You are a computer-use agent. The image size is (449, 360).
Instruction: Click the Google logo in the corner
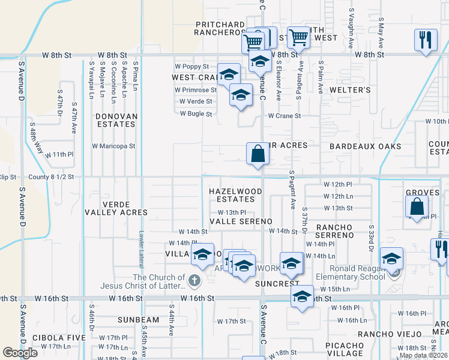(20, 352)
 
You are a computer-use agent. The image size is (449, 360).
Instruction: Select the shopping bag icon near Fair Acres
(258, 154)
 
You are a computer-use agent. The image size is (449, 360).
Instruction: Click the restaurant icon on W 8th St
(426, 40)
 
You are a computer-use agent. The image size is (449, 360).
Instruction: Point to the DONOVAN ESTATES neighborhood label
(116, 120)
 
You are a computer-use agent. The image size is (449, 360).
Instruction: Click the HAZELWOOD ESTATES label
(235, 195)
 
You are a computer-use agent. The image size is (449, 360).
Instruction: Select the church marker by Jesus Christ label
(194, 280)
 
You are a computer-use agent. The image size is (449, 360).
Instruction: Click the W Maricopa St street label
(113, 146)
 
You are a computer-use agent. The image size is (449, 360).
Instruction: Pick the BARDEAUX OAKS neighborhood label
(365, 146)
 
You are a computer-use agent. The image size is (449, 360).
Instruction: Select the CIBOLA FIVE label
(59, 338)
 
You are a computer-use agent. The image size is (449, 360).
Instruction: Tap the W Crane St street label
(284, 115)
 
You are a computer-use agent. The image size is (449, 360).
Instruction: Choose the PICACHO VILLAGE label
(345, 350)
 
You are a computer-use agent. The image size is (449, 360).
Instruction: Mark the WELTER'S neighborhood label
(349, 89)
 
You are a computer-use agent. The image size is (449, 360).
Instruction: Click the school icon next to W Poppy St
(229, 74)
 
